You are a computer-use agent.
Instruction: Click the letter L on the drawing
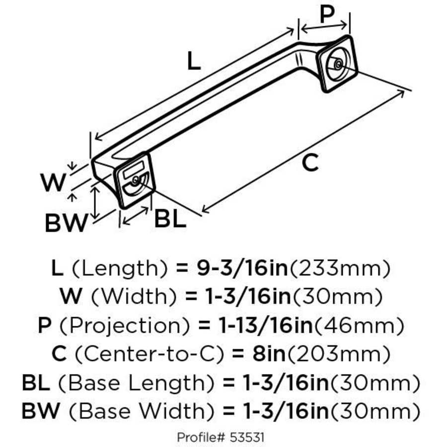click(x=194, y=61)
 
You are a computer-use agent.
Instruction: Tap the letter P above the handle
click(x=327, y=15)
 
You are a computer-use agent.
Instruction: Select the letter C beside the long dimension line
click(x=310, y=162)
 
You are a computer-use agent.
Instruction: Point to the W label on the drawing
click(x=53, y=183)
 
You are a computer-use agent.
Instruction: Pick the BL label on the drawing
click(x=170, y=219)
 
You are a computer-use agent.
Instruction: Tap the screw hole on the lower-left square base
click(x=135, y=181)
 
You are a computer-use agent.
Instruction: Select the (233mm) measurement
click(x=339, y=269)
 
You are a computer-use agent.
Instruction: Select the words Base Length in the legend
click(x=137, y=383)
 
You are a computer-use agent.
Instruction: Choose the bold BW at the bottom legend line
click(x=41, y=411)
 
